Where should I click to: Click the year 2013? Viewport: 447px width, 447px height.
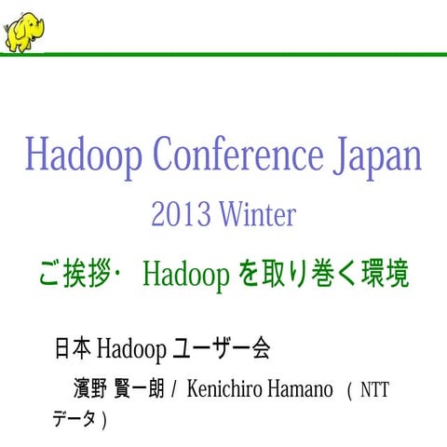(x=182, y=215)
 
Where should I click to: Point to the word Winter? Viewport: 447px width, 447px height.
(x=258, y=215)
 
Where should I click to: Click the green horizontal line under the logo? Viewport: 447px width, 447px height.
(x=242, y=55)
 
